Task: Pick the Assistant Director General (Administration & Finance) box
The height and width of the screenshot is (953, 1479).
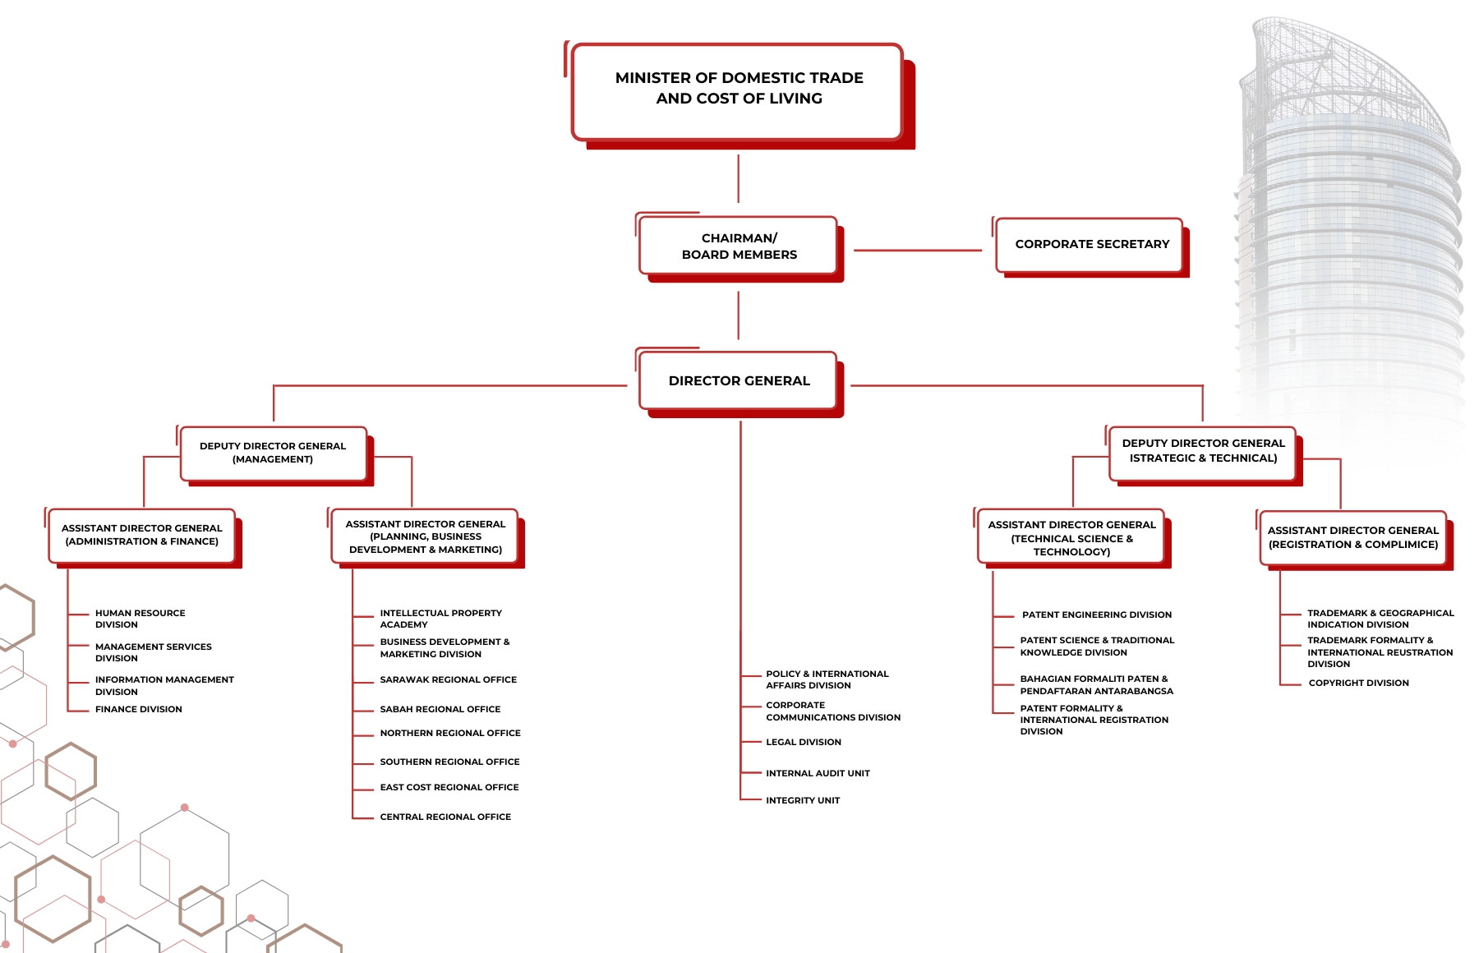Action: click(142, 536)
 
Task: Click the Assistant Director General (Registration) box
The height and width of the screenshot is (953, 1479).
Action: click(1353, 538)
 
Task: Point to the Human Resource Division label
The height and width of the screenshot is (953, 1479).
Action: click(140, 619)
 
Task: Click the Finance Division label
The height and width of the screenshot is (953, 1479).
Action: click(138, 709)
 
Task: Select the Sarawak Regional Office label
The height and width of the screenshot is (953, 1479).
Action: click(448, 679)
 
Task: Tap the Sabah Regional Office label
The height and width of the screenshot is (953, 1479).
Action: click(440, 709)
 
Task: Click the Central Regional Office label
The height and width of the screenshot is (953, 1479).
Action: click(445, 817)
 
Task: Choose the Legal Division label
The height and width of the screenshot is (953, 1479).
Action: click(804, 742)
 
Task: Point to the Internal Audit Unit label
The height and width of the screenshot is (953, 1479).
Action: click(818, 773)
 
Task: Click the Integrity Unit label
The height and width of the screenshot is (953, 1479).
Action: click(803, 800)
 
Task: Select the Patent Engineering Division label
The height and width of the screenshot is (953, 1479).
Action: click(1097, 615)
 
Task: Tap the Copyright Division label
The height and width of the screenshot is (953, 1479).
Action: click(1358, 683)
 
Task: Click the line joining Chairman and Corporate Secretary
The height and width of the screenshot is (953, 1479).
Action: click(918, 251)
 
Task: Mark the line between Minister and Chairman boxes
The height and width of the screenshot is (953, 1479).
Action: click(739, 178)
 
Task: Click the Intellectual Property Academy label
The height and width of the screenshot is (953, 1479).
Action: click(440, 619)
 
